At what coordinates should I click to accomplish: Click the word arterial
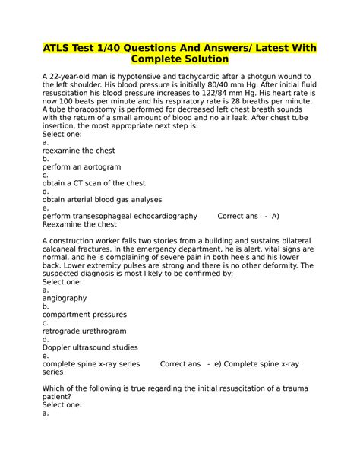[88, 199]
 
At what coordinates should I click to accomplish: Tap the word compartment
[71, 315]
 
